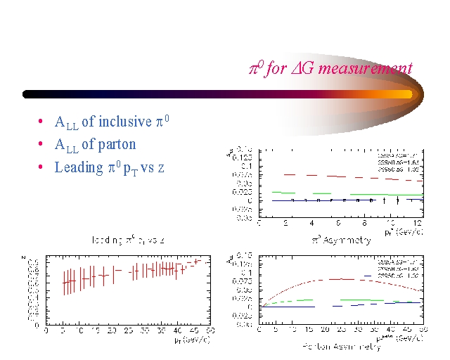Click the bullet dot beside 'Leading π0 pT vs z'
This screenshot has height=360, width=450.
point(42,167)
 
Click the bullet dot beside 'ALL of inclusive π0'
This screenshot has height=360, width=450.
point(42,122)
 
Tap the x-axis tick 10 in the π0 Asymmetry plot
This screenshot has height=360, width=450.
point(392,224)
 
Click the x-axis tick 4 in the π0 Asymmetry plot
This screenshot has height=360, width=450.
point(312,224)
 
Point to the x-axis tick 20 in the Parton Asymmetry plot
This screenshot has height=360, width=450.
point(325,330)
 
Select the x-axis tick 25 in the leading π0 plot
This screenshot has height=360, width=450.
point(129,330)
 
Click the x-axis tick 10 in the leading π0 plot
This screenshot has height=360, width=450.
point(79,330)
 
